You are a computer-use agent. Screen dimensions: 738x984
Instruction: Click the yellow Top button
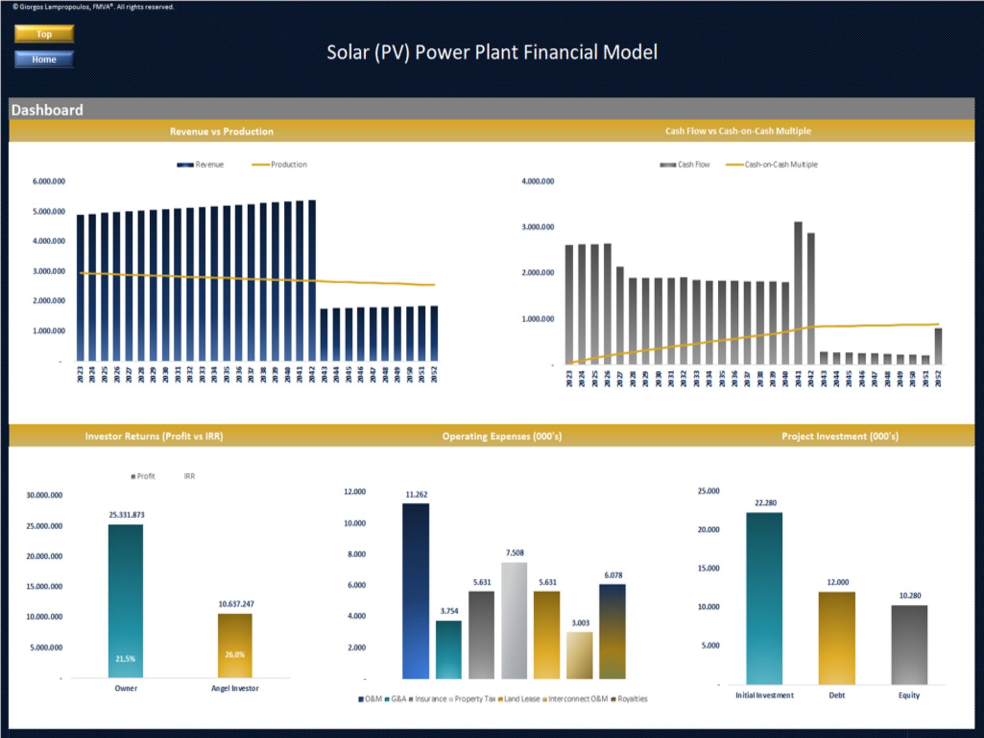click(x=44, y=33)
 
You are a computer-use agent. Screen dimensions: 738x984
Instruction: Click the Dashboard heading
click(x=47, y=110)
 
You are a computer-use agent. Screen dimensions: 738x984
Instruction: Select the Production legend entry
click(x=288, y=164)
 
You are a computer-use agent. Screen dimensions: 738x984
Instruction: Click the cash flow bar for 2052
click(x=938, y=345)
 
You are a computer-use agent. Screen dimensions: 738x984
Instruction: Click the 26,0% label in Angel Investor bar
click(x=235, y=654)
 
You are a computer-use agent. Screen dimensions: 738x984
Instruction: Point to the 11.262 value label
click(x=416, y=494)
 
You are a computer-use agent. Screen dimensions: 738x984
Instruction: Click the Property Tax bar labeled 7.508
click(x=514, y=620)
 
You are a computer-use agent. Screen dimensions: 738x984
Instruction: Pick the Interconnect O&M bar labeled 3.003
click(x=580, y=655)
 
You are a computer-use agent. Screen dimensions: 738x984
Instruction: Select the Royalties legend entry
click(x=631, y=699)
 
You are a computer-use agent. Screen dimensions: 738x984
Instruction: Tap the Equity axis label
click(x=909, y=695)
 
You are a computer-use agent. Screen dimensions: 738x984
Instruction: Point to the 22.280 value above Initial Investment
click(x=765, y=503)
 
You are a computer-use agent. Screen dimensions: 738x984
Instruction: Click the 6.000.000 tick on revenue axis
click(x=49, y=182)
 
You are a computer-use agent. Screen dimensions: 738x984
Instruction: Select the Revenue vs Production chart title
click(x=221, y=131)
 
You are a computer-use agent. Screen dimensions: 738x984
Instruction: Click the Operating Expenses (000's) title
click(x=502, y=436)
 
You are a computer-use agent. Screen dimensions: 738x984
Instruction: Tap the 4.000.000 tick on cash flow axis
click(x=538, y=182)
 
